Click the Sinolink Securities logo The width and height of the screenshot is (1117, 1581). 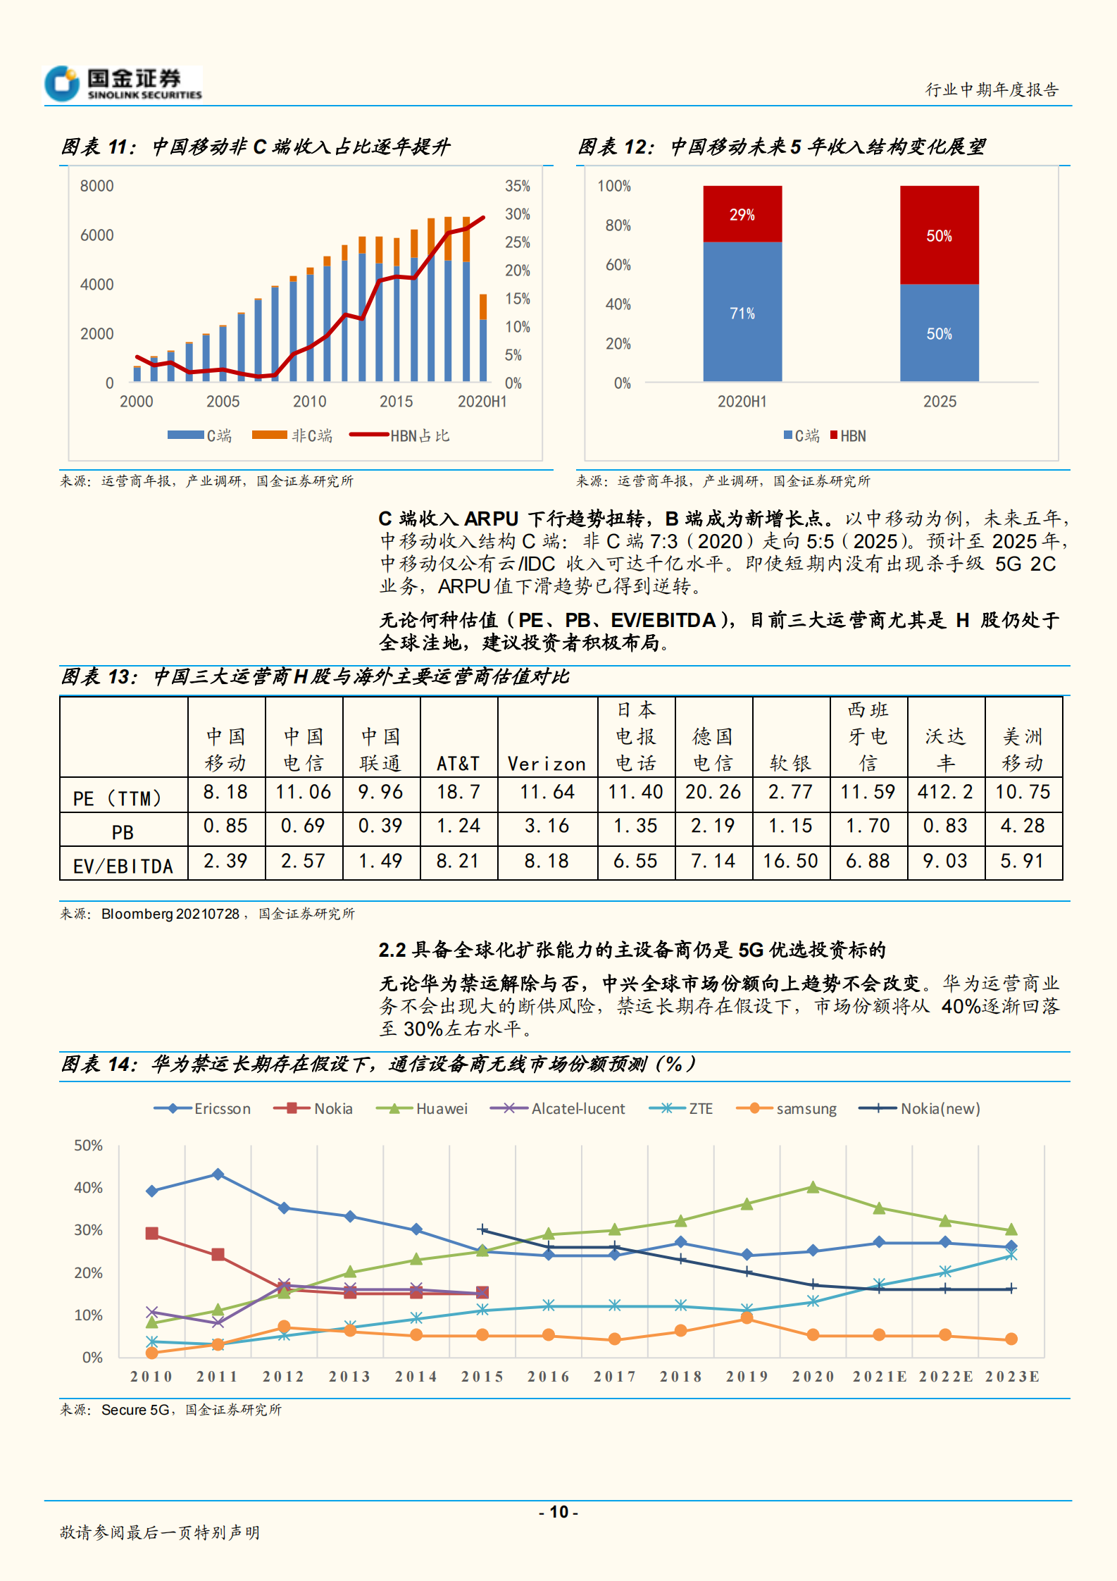[123, 84]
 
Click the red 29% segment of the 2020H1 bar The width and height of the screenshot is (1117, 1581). [742, 213]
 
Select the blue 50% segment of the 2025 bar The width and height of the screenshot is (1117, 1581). [939, 333]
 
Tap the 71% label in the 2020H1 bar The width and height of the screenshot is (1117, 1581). [742, 314]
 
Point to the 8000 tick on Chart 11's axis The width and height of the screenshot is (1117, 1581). [96, 186]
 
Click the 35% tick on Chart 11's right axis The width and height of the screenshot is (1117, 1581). [517, 186]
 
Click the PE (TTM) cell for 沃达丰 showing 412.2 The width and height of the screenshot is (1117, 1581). [945, 793]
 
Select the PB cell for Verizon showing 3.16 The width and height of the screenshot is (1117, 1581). [547, 826]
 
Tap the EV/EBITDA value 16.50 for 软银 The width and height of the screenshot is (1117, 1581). [790, 861]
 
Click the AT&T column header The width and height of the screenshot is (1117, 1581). [458, 764]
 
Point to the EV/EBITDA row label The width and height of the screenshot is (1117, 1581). [123, 866]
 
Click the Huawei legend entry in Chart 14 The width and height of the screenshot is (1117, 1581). [423, 1109]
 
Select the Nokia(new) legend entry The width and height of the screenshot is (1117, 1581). [920, 1109]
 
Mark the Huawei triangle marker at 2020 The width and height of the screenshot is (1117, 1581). [813, 1187]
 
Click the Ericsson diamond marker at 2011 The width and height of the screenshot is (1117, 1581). [218, 1174]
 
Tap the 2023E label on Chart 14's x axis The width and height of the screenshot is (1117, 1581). [1011, 1377]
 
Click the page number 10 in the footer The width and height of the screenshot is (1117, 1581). [558, 1512]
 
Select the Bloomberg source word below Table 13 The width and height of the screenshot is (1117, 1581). [137, 914]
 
